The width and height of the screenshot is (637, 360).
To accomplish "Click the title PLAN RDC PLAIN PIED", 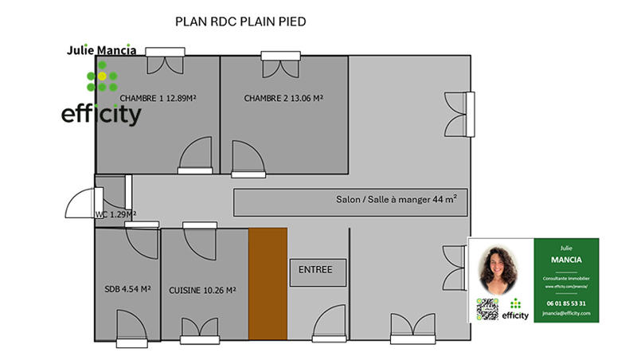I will [240, 22].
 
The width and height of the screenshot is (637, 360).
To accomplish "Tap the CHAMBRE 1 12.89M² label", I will [158, 98].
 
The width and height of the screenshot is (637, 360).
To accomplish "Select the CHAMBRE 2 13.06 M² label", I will [283, 98].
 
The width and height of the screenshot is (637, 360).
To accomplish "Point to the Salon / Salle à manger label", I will [396, 202].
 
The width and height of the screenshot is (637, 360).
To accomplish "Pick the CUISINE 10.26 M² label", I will [202, 291].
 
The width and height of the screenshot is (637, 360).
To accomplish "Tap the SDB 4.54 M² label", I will [127, 290].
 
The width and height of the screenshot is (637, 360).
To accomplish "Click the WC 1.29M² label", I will [115, 214].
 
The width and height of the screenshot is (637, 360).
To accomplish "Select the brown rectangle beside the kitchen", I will [267, 282].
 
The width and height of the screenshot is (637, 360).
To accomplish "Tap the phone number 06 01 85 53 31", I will [566, 303].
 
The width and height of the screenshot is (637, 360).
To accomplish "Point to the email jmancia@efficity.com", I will [566, 314].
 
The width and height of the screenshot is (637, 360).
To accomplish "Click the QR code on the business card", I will [487, 310].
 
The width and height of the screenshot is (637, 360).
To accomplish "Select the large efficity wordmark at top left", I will [101, 115].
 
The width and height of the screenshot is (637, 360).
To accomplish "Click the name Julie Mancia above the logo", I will [101, 49].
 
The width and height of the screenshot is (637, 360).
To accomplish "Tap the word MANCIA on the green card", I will [566, 260].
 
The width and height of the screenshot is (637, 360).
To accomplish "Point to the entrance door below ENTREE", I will [328, 327].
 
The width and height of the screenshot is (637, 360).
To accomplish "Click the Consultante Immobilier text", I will [566, 278].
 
